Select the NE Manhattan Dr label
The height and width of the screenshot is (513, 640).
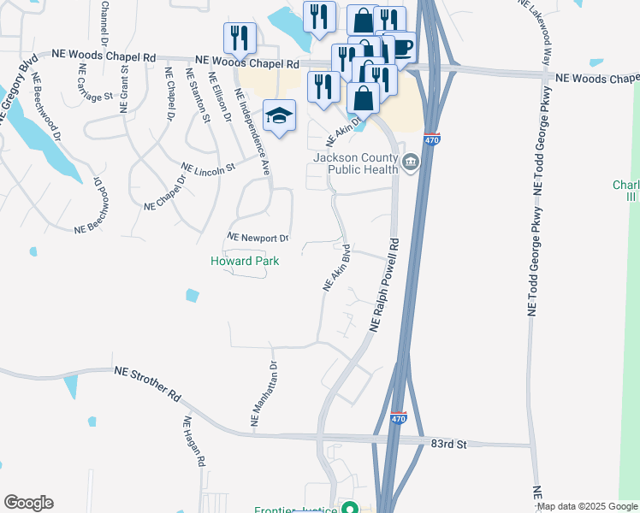[264, 393]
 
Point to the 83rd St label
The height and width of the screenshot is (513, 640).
[448, 445]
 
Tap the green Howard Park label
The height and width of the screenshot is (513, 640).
[245, 261]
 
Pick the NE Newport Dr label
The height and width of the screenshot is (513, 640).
[258, 237]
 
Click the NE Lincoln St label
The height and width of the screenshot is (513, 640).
[208, 167]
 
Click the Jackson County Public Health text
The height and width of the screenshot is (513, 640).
[356, 163]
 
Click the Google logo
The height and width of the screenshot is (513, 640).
[28, 503]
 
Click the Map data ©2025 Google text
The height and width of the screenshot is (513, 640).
[588, 506]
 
